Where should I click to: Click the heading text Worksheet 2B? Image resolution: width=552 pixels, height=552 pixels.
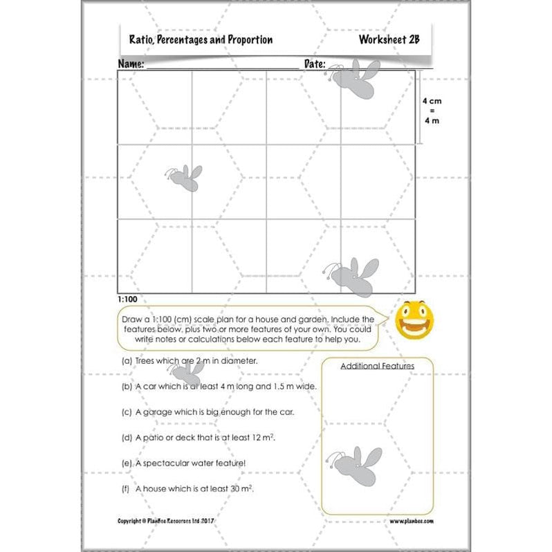[x=389, y=40]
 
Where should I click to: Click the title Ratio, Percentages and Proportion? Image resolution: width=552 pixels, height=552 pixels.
[x=201, y=40]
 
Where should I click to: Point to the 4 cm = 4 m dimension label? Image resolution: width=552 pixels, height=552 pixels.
[x=431, y=110]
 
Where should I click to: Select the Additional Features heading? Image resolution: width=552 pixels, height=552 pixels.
[x=377, y=366]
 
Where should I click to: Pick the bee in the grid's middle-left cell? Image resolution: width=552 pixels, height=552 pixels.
[x=184, y=178]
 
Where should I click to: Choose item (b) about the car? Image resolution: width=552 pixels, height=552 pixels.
[x=219, y=386]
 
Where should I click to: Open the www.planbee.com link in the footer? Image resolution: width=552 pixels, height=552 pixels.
[x=411, y=520]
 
